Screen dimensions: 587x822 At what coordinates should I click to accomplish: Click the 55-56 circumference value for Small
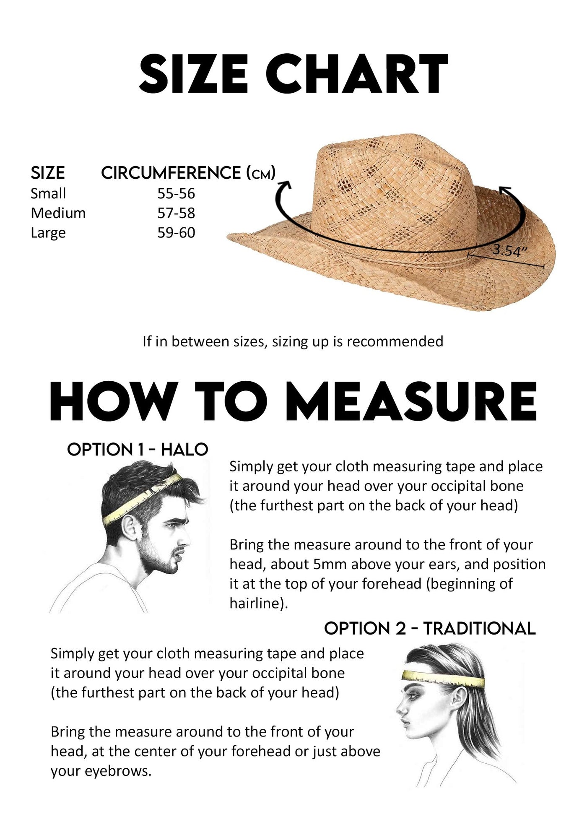(x=176, y=193)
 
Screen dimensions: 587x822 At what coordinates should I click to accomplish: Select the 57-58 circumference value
(x=176, y=213)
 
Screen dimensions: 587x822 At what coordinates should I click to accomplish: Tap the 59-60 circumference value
(x=176, y=233)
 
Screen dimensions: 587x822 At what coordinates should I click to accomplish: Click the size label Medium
(x=58, y=213)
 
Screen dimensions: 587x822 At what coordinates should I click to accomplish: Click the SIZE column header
(x=48, y=173)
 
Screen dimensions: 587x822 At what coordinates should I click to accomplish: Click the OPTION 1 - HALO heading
(x=138, y=450)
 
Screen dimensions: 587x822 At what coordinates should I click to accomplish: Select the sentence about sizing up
(x=293, y=341)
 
